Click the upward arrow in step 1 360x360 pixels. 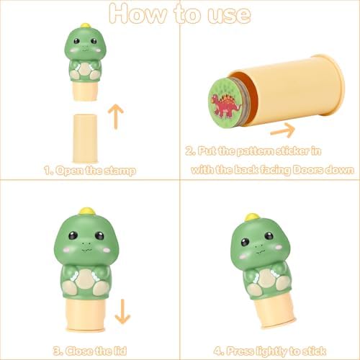tap(116, 117)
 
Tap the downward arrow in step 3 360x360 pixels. tap(122, 312)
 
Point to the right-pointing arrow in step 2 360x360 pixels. tap(283, 130)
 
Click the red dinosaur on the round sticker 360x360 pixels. tap(225, 105)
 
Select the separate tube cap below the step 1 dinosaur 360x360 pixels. tap(85, 139)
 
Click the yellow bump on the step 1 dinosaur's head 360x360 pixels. tap(85, 25)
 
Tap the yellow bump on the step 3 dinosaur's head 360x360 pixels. tap(87, 211)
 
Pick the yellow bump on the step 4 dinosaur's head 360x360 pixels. tap(252, 217)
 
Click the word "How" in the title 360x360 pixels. tap(138, 14)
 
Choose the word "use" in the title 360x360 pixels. tap(229, 16)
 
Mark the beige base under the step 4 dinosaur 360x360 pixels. tap(275, 311)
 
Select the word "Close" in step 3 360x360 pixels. tap(80, 351)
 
